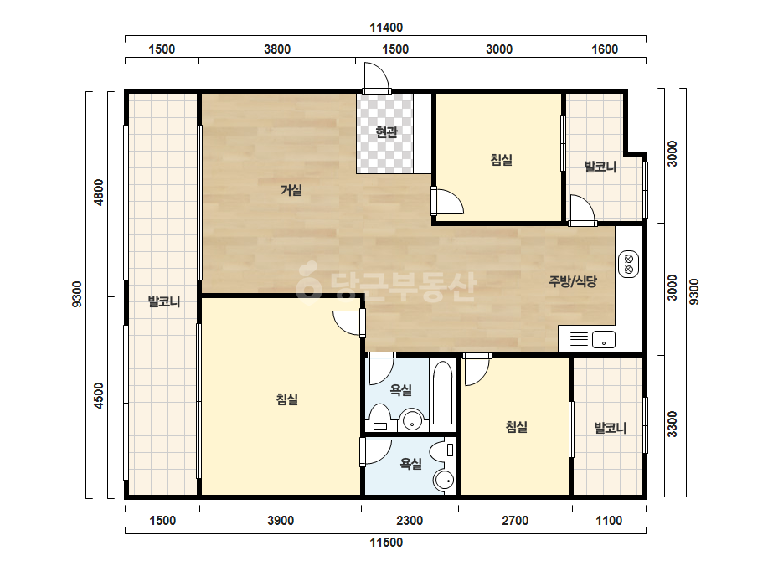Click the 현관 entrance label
[386, 132]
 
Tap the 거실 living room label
[291, 190]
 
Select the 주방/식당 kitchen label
[573, 281]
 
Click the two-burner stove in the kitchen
[629, 264]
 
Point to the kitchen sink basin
[604, 340]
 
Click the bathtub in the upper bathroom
[443, 393]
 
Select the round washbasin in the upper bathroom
[412, 420]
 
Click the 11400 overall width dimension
[387, 28]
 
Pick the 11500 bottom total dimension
[387, 543]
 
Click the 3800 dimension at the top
[277, 49]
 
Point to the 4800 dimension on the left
[99, 193]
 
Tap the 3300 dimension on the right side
[672, 424]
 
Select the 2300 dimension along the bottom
[410, 521]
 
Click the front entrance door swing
[377, 78]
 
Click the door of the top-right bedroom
[447, 201]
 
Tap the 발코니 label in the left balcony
[164, 301]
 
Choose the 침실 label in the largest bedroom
[287, 399]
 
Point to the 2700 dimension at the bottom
[515, 521]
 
